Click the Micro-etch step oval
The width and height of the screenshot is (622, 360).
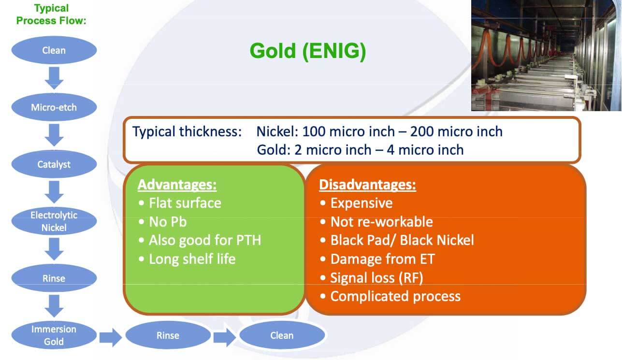point(54,107)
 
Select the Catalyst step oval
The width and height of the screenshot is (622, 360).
point(54,164)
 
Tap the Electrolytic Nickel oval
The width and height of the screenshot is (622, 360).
point(54,221)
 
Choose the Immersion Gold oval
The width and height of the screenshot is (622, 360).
point(54,335)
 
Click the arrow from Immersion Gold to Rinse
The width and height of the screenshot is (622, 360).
point(111,337)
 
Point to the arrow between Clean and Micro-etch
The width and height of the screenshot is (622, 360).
point(54,78)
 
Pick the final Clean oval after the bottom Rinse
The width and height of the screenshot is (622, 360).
point(282,335)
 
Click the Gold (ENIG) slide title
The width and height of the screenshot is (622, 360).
point(308,51)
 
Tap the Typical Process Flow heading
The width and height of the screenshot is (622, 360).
point(51,14)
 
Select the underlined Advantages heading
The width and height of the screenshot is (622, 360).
point(177,185)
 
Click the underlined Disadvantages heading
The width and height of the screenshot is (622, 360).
point(367,185)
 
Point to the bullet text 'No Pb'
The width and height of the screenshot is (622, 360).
point(168,222)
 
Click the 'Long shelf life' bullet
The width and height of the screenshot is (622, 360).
point(192,259)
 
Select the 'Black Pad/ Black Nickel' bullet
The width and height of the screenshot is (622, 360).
point(402,240)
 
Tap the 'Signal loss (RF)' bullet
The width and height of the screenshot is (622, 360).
point(376,278)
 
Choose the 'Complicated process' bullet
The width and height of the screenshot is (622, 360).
point(395,296)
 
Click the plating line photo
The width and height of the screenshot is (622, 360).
point(546,55)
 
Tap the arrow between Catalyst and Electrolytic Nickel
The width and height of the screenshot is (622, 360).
point(54,192)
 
